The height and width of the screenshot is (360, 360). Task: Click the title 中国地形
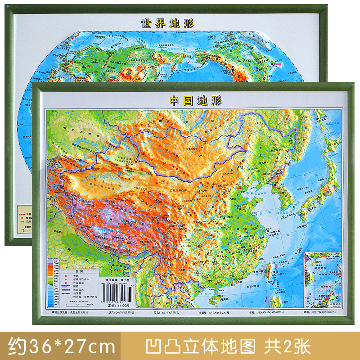(187, 100)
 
